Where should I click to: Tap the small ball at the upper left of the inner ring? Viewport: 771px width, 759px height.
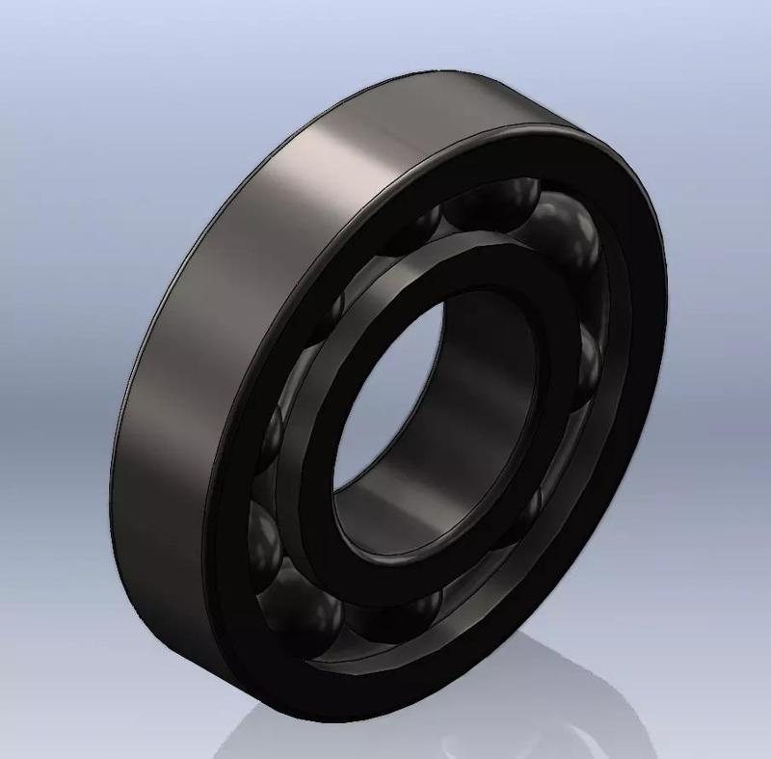click(x=332, y=309)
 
